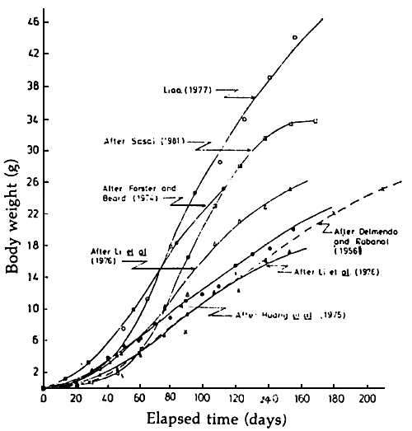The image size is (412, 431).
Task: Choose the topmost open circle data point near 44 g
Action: pyautogui.click(x=294, y=37)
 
